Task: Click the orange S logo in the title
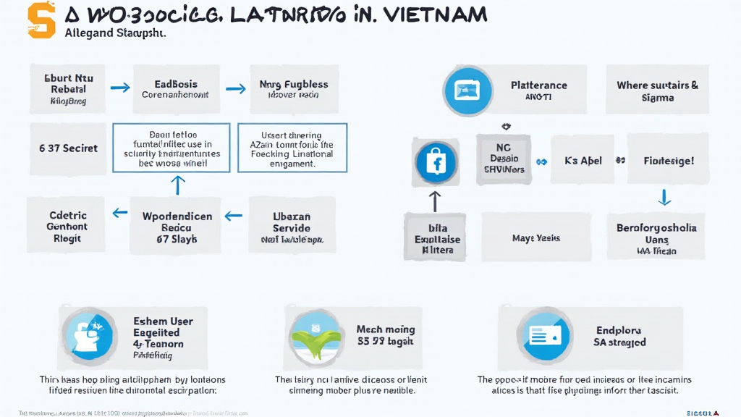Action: tap(41, 20)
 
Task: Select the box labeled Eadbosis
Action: tap(175, 89)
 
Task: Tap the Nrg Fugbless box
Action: tap(293, 89)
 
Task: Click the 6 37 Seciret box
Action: tap(68, 148)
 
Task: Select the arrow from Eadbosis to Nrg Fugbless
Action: tap(236, 88)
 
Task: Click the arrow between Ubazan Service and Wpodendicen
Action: tap(233, 215)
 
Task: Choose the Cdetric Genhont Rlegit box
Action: tap(67, 227)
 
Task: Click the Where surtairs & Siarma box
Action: tap(657, 91)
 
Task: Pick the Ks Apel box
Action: tap(583, 161)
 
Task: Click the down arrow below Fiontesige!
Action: tap(664, 197)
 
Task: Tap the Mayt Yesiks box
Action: tap(536, 237)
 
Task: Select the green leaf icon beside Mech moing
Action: tap(313, 337)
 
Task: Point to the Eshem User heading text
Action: tap(163, 321)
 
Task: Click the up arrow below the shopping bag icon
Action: tap(435, 200)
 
